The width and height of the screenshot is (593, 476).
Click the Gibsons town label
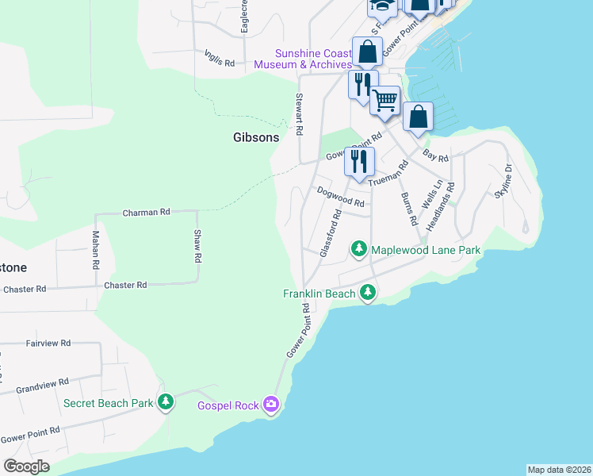(x=256, y=137)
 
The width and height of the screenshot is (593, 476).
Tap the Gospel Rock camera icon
(x=272, y=405)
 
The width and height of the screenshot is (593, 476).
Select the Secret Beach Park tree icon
(x=166, y=403)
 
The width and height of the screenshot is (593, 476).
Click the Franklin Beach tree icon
(x=367, y=294)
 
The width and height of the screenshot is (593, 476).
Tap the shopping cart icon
(x=384, y=101)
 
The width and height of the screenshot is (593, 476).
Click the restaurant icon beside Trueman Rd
(x=359, y=161)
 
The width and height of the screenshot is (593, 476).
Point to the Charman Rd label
(x=147, y=213)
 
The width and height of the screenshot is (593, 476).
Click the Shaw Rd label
(x=198, y=247)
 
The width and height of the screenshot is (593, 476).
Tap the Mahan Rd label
(x=95, y=248)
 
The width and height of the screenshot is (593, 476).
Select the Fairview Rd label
(x=48, y=344)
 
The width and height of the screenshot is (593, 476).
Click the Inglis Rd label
(x=220, y=58)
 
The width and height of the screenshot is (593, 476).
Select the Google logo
(x=27, y=466)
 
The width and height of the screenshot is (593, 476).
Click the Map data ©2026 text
(x=559, y=469)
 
